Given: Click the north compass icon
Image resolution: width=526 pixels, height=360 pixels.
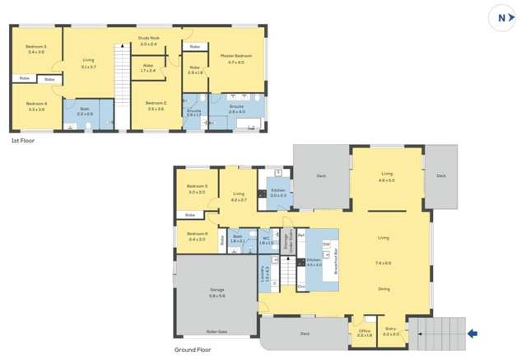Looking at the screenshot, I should pos(502,16).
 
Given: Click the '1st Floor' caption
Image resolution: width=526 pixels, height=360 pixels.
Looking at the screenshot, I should pos(21,141).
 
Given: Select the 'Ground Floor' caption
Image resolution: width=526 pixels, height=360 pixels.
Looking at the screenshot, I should pos(192,349).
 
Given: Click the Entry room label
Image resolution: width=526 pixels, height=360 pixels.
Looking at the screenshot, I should pos(390,331).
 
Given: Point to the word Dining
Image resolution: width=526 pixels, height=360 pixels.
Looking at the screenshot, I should pos(384,288).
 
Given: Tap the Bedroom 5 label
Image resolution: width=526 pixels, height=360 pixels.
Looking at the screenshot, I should pos(197,188).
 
